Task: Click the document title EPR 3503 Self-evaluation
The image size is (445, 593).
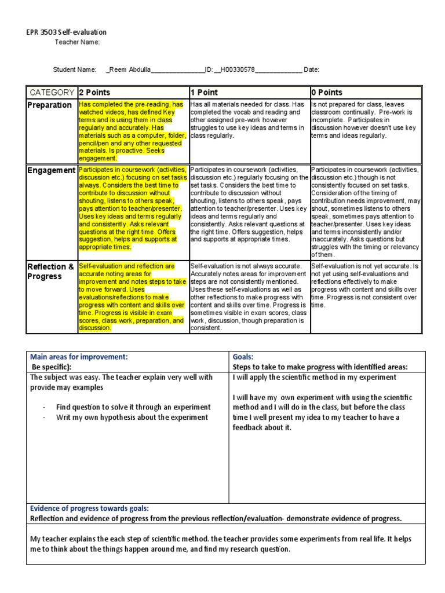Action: [x=67, y=32]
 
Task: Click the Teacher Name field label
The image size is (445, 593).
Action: [x=77, y=42]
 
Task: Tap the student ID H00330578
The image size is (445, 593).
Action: [x=238, y=69]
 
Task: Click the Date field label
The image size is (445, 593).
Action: [x=311, y=69]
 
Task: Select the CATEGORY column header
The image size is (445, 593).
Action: [x=52, y=93]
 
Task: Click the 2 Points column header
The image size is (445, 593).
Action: [x=94, y=93]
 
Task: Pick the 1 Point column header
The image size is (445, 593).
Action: [x=204, y=93]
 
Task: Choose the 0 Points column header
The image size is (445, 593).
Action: [x=327, y=93]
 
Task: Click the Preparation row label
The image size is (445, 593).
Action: [x=50, y=105]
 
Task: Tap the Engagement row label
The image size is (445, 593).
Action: [x=52, y=170]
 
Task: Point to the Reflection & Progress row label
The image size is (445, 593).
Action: [x=52, y=271]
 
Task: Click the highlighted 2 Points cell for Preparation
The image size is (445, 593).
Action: [x=133, y=131]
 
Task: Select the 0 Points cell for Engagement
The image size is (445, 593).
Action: [x=366, y=211]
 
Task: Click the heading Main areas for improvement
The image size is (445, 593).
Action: [x=79, y=357]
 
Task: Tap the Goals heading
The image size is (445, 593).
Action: [x=243, y=357]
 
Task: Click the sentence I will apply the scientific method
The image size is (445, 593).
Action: [x=315, y=378]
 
